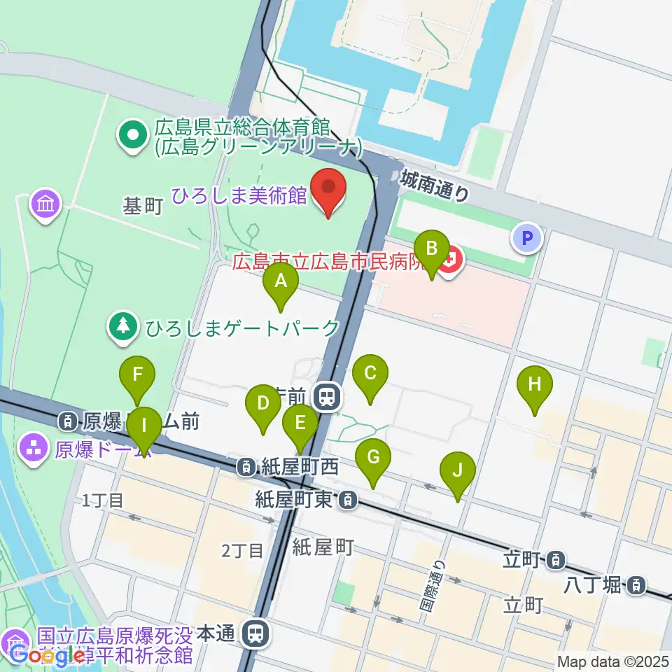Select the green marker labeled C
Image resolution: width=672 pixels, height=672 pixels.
tap(370, 379)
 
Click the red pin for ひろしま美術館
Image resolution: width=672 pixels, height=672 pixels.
tap(328, 192)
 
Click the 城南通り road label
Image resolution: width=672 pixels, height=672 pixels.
tap(435, 188)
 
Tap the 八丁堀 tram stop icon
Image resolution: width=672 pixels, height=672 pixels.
tap(636, 584)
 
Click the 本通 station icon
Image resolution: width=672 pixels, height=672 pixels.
tap(255, 634)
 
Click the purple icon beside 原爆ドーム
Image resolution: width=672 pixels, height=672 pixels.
tap(34, 446)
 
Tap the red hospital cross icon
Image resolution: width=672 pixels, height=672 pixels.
tap(453, 262)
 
